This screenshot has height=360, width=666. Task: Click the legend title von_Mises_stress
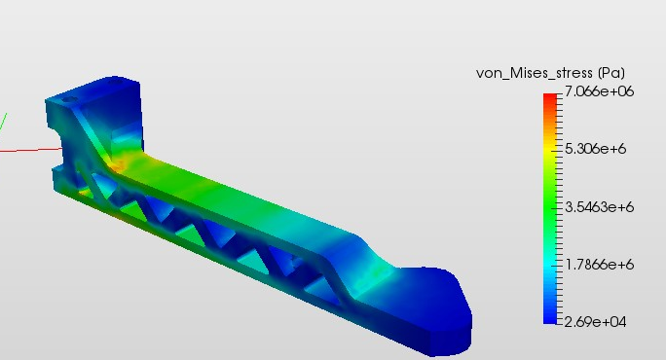[535, 73]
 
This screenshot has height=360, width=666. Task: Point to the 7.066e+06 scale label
[600, 91]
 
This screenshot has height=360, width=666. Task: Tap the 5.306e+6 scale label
[596, 149]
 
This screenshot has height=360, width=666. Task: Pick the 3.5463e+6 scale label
[600, 207]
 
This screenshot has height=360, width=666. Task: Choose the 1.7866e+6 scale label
[600, 265]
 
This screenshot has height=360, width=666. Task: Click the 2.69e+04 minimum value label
[596, 322]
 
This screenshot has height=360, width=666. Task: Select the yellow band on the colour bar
[550, 149]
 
